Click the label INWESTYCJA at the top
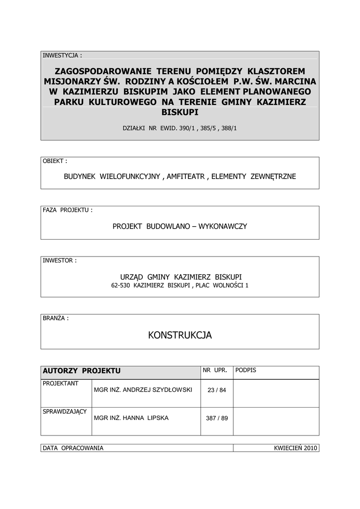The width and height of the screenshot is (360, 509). coord(62,55)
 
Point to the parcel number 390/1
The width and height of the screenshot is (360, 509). coord(187,128)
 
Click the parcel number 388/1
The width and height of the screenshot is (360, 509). coord(229,128)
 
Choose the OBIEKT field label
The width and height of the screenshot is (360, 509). coord(55,162)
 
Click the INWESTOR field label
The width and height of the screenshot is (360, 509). coord(60,260)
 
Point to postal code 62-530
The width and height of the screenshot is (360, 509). coord(121,285)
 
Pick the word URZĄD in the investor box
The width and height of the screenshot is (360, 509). coord(131,276)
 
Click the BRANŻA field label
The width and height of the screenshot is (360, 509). coord(56,318)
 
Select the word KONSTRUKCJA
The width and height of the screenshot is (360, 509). coord(180,336)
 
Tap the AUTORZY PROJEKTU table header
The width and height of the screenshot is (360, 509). coord(82,371)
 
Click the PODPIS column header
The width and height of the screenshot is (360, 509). coord(246,370)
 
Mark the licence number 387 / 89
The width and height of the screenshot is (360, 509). coord(217,418)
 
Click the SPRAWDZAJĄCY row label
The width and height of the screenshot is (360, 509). coord(65,412)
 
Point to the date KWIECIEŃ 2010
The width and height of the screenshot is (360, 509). coord(295,448)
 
